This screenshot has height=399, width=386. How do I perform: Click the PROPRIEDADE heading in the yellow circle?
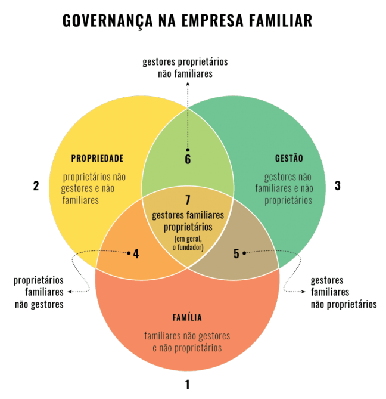point(97,159)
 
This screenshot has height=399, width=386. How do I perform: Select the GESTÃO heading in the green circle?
point(289,159)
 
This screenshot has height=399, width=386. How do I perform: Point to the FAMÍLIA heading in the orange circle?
point(187,317)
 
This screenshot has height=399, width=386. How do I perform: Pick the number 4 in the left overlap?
point(136,253)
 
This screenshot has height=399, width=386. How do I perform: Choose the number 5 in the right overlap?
point(236,253)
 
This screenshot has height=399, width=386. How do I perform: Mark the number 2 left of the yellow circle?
point(36,186)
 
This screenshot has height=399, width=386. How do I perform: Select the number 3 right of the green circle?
point(337,186)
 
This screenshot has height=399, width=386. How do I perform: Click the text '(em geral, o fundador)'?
point(187,243)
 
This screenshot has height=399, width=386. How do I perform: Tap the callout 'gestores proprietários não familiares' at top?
point(185,68)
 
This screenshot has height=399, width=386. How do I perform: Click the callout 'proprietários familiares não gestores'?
point(39,292)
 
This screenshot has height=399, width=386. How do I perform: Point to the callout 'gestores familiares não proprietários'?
point(343,292)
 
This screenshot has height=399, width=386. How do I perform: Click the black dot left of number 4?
point(128,253)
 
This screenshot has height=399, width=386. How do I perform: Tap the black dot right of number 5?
point(244,253)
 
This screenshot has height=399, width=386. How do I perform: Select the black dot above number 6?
point(187,150)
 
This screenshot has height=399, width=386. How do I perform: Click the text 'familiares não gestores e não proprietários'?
point(187,342)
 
